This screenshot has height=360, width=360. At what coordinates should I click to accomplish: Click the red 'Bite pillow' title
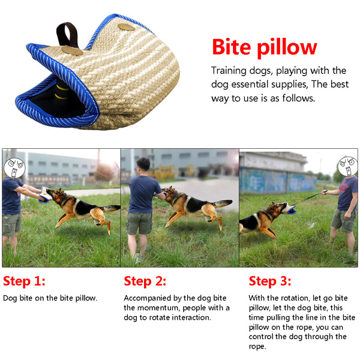point(264,46)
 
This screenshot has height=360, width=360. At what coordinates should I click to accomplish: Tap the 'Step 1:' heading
point(24,281)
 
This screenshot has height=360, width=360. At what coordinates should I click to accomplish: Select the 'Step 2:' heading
point(145,281)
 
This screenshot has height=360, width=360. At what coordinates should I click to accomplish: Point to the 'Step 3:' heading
point(270,281)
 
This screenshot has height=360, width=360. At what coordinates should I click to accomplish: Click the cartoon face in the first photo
point(14,166)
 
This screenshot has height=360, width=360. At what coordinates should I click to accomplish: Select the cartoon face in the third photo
point(346,166)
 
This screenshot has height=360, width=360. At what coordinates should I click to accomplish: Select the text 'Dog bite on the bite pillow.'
point(50,298)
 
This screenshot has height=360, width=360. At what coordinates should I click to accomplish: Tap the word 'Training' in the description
point(229,70)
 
